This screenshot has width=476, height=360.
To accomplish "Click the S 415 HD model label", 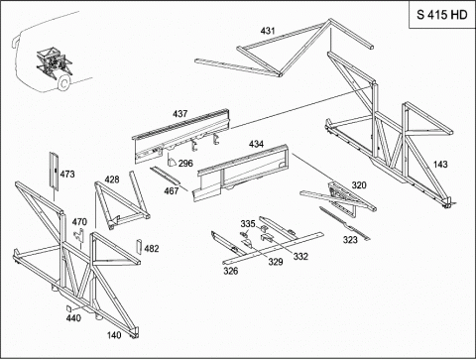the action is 442,15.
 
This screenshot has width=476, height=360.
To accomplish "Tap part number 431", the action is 268,31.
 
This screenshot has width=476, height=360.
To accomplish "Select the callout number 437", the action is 179,114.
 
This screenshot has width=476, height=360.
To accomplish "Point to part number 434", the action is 256,144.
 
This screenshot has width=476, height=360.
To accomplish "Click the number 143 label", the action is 440,165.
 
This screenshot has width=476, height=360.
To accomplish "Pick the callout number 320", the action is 359,185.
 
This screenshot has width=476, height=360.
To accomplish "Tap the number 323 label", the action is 350,239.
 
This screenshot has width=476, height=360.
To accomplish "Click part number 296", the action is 185,164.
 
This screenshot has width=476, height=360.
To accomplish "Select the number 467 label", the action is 172,190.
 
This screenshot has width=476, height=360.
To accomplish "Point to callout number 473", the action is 67,175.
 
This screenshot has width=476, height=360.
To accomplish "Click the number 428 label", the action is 112,180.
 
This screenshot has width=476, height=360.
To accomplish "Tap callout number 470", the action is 79,222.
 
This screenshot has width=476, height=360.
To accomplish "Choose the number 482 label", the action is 152,249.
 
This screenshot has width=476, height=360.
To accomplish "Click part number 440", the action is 73,318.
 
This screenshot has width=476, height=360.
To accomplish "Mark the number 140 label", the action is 114,335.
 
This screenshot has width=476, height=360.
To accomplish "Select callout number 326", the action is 230,271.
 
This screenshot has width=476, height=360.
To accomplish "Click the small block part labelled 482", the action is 139,247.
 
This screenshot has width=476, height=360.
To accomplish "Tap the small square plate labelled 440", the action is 69,308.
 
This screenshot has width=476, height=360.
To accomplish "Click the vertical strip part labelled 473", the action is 54,172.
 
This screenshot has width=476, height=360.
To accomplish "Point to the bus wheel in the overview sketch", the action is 64,82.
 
